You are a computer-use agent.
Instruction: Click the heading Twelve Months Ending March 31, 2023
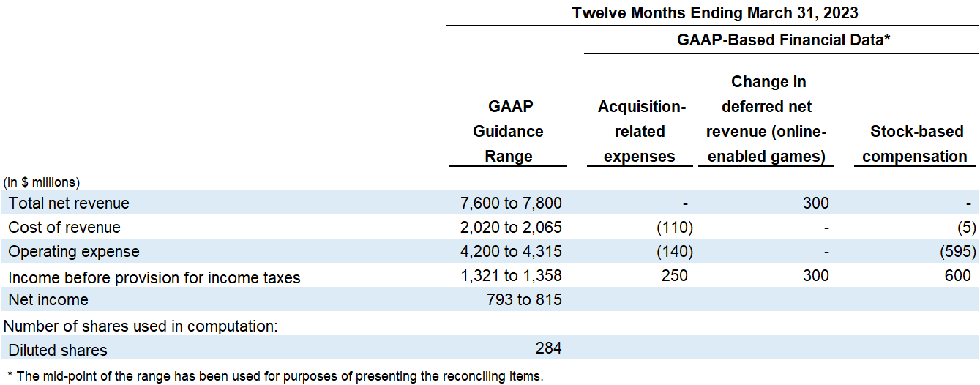pos(715,12)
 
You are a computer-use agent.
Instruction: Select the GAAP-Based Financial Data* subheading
pos(783,40)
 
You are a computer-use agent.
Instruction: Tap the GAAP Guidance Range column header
pos(508,132)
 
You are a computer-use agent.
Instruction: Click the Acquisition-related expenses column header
pos(641,132)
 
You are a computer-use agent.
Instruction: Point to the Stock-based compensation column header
pos(916,144)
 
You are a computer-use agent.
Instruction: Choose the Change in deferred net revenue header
pos(766,119)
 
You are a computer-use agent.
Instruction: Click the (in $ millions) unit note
pos(42,182)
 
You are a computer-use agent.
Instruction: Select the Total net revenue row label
pos(69,203)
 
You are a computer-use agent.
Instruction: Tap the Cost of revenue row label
pos(64,228)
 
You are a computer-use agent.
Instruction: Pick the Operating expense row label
pos(73,252)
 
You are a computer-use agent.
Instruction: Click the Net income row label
pos(48,300)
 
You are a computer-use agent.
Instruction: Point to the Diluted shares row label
pos(58,350)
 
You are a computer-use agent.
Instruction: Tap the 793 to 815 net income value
pos(524,300)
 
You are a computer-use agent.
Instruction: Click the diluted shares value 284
pos(548,348)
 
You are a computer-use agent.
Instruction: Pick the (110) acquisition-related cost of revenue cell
pos(674,228)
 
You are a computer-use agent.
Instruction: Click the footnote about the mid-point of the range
pos(275,376)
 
